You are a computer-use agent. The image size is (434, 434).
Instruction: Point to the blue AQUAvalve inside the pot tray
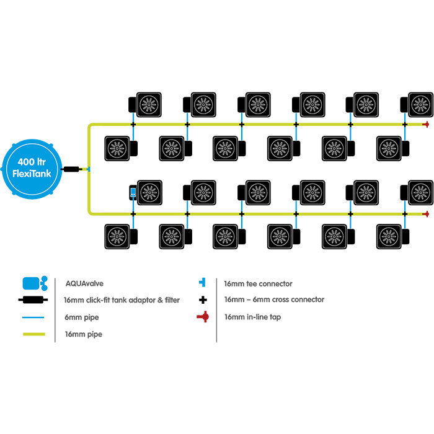[133, 192]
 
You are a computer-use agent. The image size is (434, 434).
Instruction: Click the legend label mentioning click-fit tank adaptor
[122, 300]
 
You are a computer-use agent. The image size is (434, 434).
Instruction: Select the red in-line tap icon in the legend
[203, 317]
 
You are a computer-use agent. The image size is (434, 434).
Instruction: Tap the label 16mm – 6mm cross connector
[273, 300]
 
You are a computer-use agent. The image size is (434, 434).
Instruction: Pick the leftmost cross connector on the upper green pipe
[133, 124]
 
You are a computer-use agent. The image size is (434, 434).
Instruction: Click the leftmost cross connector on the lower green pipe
[133, 214]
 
